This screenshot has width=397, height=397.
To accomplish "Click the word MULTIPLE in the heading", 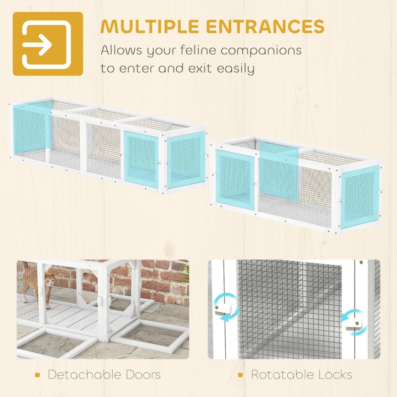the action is [150, 26].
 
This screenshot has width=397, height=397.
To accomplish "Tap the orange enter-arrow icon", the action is [48, 44].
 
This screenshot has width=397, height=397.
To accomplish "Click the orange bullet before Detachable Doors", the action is [38, 375].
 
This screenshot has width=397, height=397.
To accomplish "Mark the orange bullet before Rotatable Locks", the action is [241, 375].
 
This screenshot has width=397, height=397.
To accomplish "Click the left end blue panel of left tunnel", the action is [30, 130].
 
